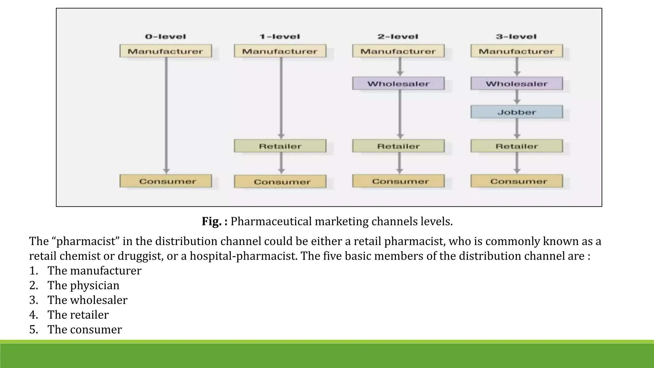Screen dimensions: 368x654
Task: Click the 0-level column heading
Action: click(x=165, y=37)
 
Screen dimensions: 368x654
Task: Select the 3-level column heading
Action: click(x=516, y=37)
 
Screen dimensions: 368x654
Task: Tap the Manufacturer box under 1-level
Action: click(x=280, y=51)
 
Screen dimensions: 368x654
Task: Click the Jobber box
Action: click(x=516, y=112)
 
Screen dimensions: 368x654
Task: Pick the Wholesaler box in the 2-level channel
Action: click(x=398, y=84)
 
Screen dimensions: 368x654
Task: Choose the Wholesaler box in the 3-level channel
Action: click(x=516, y=84)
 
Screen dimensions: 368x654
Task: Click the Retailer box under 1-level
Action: click(x=280, y=146)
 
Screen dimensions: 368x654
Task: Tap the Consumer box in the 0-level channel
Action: click(x=166, y=181)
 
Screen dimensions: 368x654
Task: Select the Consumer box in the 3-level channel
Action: click(x=516, y=181)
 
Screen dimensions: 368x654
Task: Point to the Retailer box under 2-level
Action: click(x=398, y=146)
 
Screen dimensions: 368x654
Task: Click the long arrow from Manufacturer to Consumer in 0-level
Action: click(x=166, y=115)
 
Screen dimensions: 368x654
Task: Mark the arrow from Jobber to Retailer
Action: click(x=517, y=129)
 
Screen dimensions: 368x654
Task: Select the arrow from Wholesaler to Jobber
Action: click(x=517, y=97)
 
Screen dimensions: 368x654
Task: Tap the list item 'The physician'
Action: click(x=83, y=285)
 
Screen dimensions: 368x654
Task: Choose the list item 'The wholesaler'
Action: click(x=87, y=300)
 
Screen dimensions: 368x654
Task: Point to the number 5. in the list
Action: click(x=34, y=329)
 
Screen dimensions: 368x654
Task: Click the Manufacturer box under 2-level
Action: click(x=398, y=51)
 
